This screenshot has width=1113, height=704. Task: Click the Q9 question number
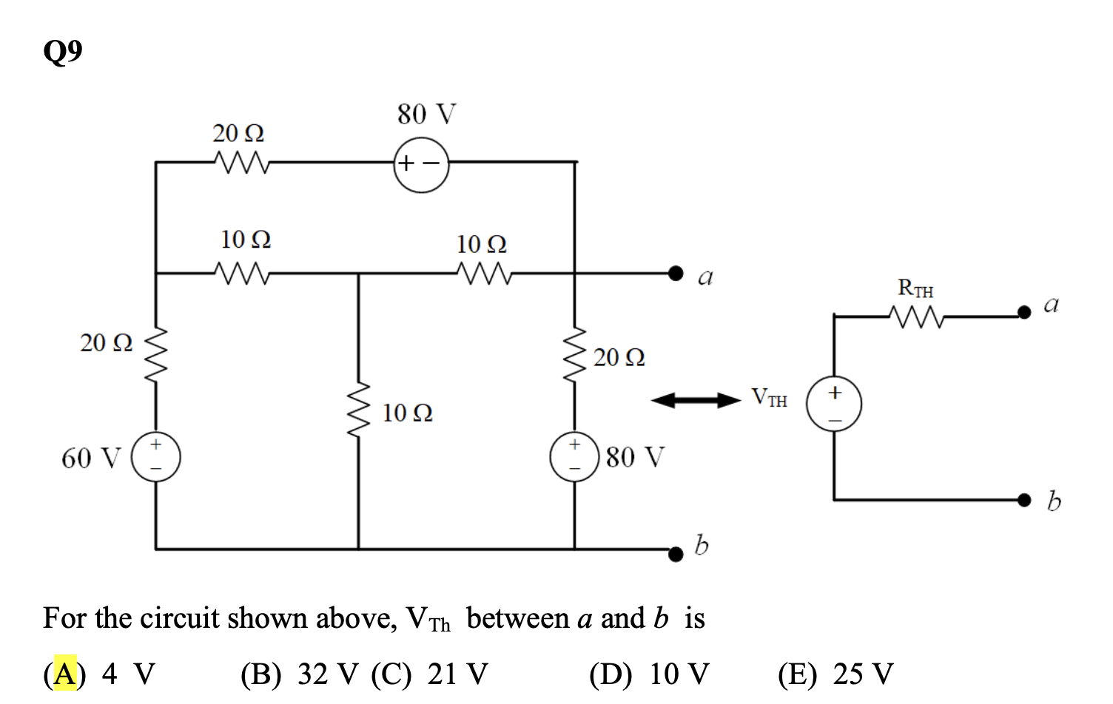point(63,52)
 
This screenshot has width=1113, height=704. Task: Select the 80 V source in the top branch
point(421,163)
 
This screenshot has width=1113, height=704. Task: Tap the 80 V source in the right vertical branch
point(574,456)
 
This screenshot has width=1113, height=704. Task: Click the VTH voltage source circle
point(834,404)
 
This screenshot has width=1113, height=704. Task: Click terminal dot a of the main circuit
point(675,274)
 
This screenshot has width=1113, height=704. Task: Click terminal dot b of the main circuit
point(675,554)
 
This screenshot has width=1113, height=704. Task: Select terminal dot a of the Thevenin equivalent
point(1023,312)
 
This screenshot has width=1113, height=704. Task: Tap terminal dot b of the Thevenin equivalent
point(1023,501)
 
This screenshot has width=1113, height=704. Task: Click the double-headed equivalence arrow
point(695,401)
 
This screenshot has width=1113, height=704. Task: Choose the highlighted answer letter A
point(65,674)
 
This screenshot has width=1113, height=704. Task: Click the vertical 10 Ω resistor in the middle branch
point(359,410)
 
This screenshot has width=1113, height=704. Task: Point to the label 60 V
point(90,458)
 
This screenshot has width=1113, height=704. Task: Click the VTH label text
point(769,398)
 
